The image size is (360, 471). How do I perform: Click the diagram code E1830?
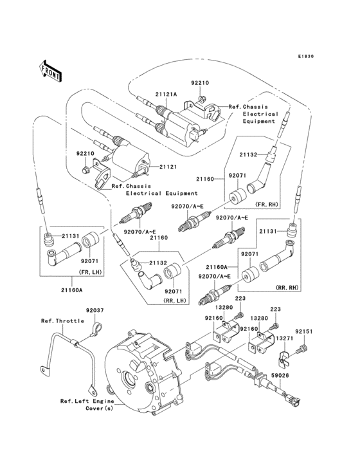coord(305,57)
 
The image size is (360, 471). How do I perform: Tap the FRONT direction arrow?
coord(51,69)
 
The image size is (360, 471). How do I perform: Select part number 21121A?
coord(165,95)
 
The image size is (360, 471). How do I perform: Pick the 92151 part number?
coord(305,331)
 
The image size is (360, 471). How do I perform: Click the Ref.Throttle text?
coord(60,320)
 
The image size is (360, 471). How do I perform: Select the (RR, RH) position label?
coord(285,287)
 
